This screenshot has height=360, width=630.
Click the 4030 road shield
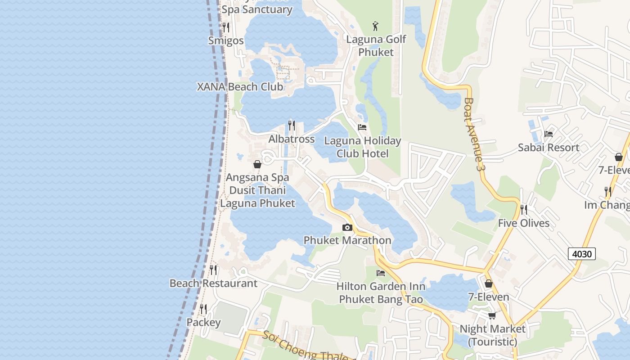581,254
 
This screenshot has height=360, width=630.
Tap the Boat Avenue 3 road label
475,134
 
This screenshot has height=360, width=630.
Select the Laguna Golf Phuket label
376,45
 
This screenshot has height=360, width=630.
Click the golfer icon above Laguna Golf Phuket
376,26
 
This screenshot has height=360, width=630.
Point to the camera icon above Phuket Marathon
347,228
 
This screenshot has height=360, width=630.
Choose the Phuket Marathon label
347,240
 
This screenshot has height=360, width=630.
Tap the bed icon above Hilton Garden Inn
381,273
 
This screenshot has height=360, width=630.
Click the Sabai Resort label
549,148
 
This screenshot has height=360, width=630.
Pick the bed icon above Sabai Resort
548,134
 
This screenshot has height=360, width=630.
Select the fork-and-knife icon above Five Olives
523,210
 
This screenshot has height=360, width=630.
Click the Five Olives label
524,223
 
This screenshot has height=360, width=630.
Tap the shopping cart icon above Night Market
492,315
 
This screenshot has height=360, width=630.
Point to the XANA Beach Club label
240,87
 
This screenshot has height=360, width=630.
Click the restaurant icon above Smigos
226,27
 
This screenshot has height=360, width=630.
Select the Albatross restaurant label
292,139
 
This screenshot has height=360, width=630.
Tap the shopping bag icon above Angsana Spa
257,164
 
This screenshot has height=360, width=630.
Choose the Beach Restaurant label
213,283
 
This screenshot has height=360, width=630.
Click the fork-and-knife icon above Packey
203,309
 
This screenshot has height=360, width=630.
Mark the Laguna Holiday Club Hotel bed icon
362,127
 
